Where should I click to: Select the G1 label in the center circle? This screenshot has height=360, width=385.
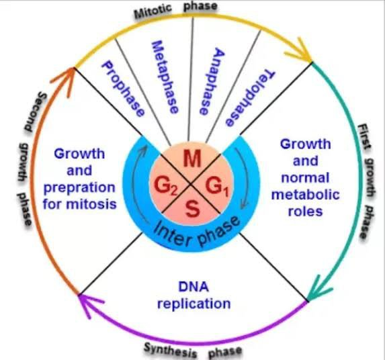[x=214, y=185]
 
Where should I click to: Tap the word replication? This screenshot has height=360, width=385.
[x=194, y=304]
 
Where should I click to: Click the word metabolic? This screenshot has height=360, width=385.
[x=305, y=195]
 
